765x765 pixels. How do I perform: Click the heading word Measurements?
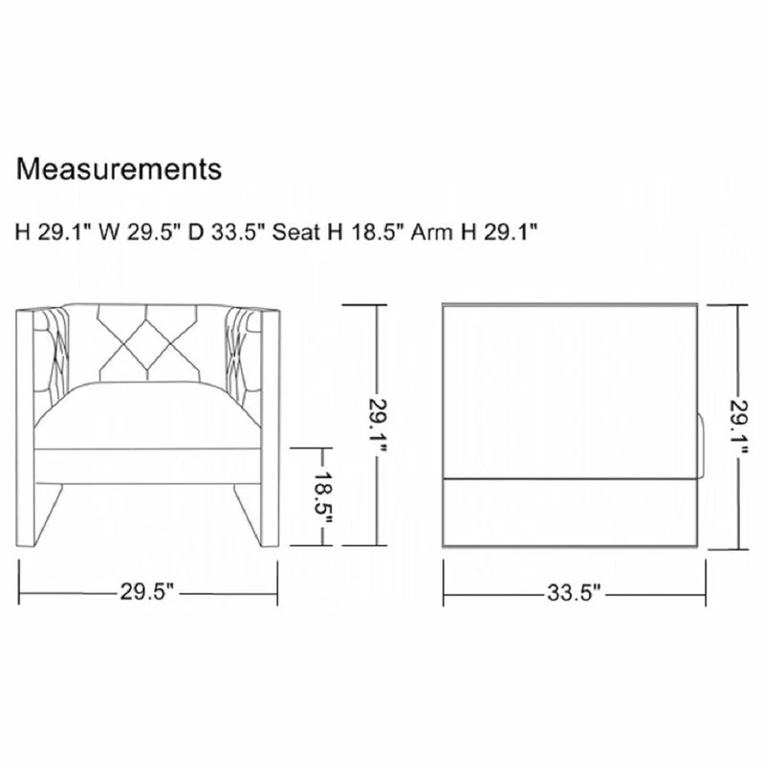(119, 169)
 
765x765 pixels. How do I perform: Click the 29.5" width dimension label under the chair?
(147, 593)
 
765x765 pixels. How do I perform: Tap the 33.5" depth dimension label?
(574, 593)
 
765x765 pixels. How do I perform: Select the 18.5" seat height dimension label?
(322, 497)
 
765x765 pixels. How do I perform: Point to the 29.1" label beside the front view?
(377, 426)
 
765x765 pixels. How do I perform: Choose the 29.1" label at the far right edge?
(738, 426)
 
